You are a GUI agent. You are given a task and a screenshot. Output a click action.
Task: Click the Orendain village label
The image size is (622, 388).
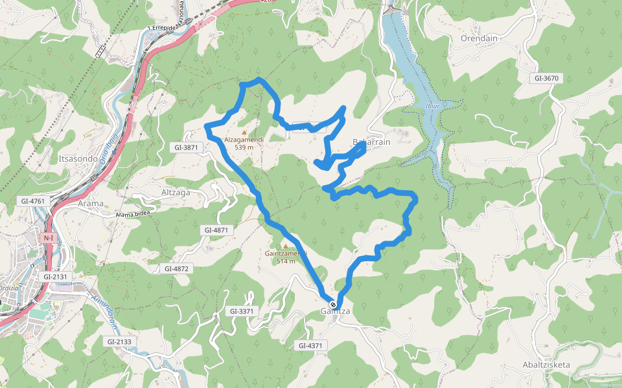(x=479, y=38)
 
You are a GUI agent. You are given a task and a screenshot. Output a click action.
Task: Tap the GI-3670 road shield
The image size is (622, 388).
(x=546, y=78)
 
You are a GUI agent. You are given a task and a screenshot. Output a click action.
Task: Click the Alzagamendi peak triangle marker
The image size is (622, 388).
(x=244, y=132)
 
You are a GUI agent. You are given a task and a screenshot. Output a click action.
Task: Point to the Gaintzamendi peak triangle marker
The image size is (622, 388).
(x=284, y=246)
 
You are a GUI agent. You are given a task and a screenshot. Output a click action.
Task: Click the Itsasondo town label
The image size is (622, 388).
(x=78, y=158)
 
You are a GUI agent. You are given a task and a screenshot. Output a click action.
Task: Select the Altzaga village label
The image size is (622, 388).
(x=176, y=193)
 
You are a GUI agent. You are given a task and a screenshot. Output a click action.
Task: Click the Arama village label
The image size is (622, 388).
(x=91, y=204)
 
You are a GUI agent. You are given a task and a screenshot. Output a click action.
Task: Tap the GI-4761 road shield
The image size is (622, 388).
(x=33, y=201)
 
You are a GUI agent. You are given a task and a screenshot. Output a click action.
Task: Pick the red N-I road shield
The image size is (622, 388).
(x=49, y=238)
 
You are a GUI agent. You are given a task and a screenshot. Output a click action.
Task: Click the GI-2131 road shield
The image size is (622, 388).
(x=56, y=276)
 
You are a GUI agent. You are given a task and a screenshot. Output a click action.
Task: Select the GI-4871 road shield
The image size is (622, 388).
(x=216, y=230)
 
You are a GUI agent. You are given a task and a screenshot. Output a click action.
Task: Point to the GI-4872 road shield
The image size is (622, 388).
(x=176, y=268)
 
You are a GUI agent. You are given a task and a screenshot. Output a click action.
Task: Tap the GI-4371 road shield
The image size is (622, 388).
(x=310, y=346)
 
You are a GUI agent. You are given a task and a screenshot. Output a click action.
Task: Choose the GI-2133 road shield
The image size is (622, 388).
(x=119, y=341)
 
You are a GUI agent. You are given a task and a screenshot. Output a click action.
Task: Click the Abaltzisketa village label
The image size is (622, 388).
(x=546, y=365)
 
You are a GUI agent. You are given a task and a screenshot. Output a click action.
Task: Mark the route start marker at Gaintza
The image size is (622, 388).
(x=332, y=304)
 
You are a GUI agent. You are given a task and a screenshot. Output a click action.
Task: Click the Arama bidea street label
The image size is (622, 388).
(x=137, y=214)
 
